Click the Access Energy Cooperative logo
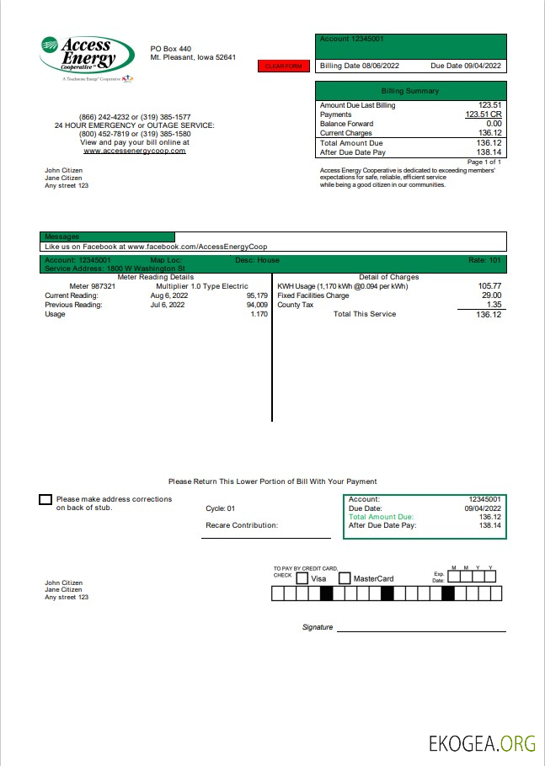coord(87,57)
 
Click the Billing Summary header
coord(410,90)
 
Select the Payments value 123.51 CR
coord(484,114)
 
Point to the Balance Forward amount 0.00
coord(494,124)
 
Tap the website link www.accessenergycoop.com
coord(134,151)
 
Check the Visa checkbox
coord(302,578)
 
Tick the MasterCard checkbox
coord(345,578)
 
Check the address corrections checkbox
coord(45,500)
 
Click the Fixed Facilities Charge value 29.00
coord(491,295)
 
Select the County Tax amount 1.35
coord(494,305)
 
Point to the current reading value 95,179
coord(257,295)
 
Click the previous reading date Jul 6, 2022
coord(168,305)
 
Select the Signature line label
coord(318,627)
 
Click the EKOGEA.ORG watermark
coord(482,743)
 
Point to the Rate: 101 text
coord(484,260)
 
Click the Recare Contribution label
coord(242,525)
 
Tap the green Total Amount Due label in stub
coord(382,517)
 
